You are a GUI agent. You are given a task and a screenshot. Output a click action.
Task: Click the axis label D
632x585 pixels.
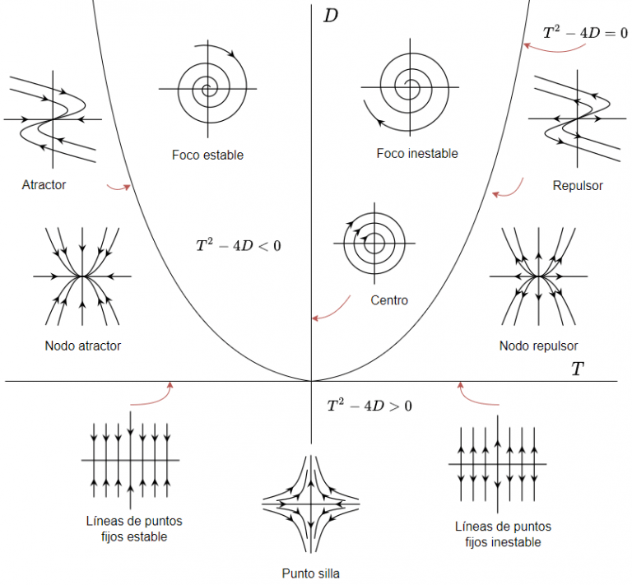tap(331, 16)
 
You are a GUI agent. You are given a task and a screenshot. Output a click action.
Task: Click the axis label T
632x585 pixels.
tap(578, 369)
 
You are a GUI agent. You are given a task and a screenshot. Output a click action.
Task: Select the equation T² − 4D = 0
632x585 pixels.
tap(585, 34)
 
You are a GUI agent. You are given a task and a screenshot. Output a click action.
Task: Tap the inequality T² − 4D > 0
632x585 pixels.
tap(369, 405)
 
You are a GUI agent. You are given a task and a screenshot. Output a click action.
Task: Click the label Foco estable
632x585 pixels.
tap(207, 155)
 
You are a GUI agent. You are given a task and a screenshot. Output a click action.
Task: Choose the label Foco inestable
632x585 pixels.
tap(416, 154)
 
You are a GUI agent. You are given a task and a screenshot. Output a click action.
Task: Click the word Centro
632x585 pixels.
tap(389, 300)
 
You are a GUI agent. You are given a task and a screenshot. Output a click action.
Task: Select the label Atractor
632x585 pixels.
tap(44, 185)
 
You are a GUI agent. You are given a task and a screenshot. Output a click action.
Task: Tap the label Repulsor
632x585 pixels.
tap(578, 186)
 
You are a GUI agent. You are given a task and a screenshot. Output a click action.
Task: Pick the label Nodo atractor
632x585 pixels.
tap(82, 346)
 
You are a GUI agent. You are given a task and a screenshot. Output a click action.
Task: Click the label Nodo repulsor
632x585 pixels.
tap(538, 346)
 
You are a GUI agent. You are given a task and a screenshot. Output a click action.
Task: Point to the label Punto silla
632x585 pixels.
tap(310, 573)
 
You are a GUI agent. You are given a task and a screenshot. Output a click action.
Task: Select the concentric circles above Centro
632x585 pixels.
tap(374, 243)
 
